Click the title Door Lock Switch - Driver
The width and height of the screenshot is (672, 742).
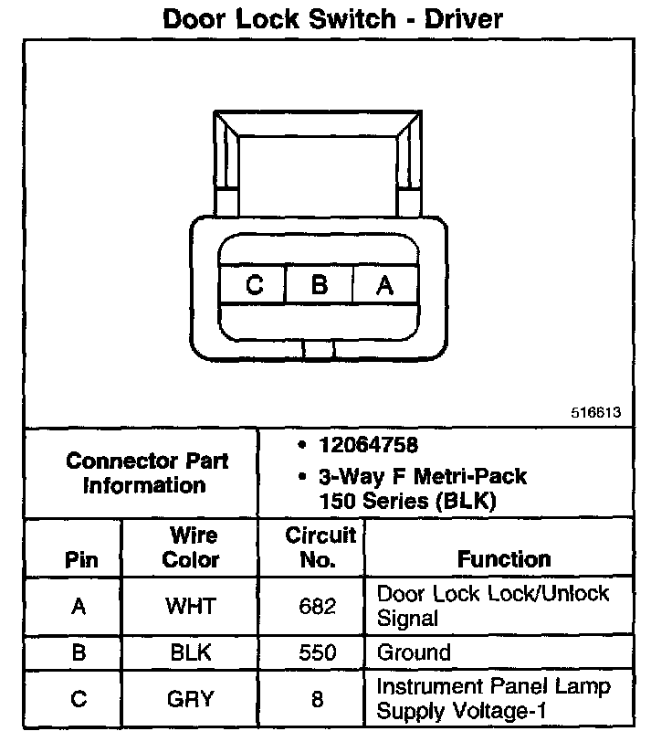[x=332, y=18]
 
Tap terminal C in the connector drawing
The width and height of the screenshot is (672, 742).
[x=254, y=285]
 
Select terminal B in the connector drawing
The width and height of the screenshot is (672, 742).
[x=319, y=285]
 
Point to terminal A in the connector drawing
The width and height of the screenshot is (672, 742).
[x=384, y=285]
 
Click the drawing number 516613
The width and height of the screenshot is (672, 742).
[x=596, y=412]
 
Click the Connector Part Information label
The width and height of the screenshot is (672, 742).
[x=146, y=472]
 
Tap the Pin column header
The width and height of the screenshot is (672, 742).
[x=80, y=559]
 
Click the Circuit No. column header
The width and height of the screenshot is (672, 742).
[x=320, y=546]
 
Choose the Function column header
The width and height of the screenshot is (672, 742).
[x=504, y=558]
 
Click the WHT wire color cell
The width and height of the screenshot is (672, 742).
[x=190, y=606]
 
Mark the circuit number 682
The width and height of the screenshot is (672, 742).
[x=317, y=606]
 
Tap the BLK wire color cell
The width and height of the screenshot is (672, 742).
[x=190, y=653]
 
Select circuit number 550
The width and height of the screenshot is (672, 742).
[x=317, y=653]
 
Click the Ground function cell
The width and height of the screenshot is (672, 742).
[x=415, y=653]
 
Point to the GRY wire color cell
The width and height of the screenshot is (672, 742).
[x=190, y=699]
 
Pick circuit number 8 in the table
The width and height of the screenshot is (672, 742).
[x=317, y=700]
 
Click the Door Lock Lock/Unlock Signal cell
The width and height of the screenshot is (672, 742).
[x=493, y=605]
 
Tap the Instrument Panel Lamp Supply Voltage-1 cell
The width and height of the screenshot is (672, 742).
[x=493, y=698]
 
